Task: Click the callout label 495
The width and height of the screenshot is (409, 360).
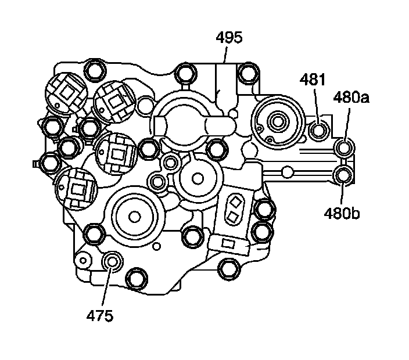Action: (228, 38)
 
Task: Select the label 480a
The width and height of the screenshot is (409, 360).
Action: (351, 98)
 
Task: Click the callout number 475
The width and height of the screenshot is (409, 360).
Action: (100, 315)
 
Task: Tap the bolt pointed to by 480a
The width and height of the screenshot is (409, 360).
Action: (343, 150)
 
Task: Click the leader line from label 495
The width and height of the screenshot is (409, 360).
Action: (225, 55)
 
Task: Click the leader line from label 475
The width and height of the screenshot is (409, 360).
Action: (106, 288)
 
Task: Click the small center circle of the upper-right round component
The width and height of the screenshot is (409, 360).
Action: (277, 123)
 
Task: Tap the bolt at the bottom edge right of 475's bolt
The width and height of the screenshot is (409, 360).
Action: (137, 278)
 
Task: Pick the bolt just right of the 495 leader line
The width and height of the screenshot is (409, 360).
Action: (248, 74)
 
